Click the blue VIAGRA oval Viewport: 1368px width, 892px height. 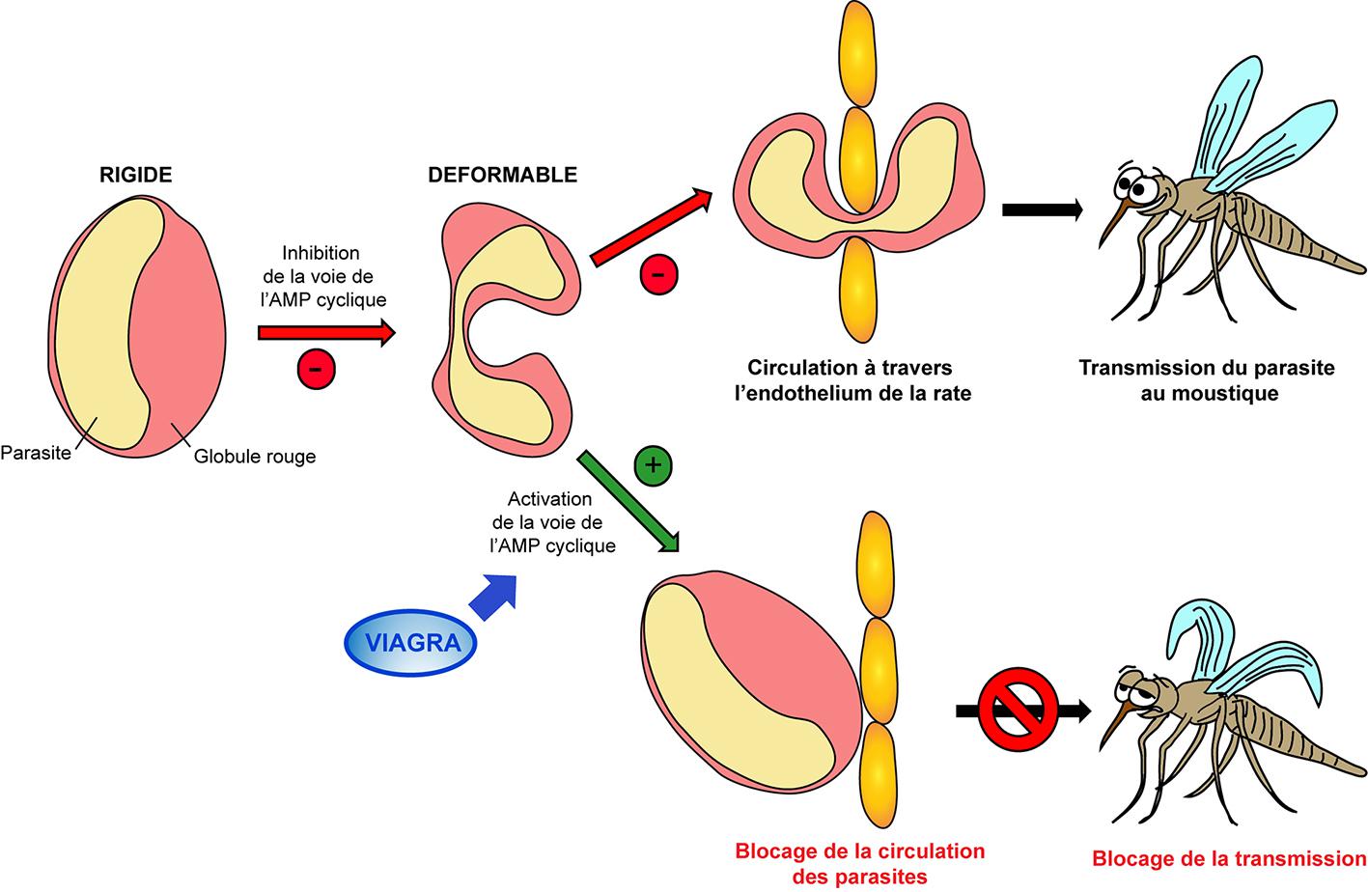click(412, 642)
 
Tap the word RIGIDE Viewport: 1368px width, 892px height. click(136, 175)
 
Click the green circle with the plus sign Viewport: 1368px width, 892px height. click(653, 465)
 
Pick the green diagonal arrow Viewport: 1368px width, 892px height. click(628, 499)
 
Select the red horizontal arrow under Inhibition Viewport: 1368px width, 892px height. click(326, 333)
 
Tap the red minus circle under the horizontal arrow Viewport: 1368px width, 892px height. click(317, 368)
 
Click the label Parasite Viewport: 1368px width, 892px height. click(37, 452)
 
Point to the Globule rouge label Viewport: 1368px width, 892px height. click(255, 456)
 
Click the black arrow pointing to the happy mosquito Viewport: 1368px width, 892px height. click(1042, 209)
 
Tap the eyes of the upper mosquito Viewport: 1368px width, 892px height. click(1140, 187)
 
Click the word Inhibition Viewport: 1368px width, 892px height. click(322, 253)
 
